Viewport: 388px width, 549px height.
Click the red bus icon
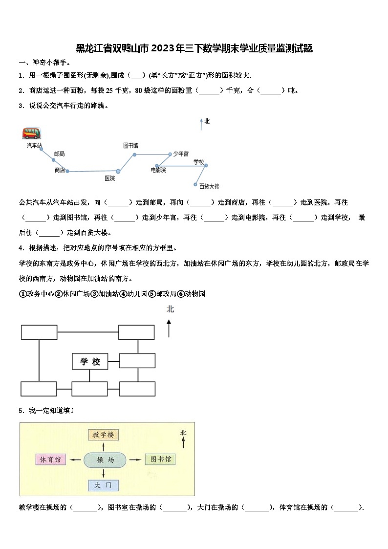point(31,133)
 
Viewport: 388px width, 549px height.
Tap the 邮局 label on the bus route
point(59,154)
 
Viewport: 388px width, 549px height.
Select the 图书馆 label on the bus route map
point(130,146)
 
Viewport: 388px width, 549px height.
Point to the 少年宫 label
point(181,154)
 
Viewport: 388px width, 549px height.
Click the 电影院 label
point(158,170)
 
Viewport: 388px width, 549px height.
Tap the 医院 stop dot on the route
point(118,171)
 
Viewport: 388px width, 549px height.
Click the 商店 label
point(60,170)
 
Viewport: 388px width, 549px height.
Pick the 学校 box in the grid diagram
point(90,362)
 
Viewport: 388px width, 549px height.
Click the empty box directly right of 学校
point(137,361)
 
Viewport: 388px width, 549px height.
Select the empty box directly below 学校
point(89,389)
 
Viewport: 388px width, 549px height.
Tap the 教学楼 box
point(104,434)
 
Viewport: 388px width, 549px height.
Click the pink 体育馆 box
point(50,460)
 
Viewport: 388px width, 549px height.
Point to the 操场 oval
point(105,460)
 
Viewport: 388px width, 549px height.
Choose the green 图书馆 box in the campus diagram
point(160,460)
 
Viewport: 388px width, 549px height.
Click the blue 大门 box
point(104,485)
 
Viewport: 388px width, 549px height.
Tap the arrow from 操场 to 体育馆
point(75,460)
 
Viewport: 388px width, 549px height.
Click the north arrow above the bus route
point(201,125)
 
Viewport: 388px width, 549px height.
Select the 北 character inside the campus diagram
point(183,433)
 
